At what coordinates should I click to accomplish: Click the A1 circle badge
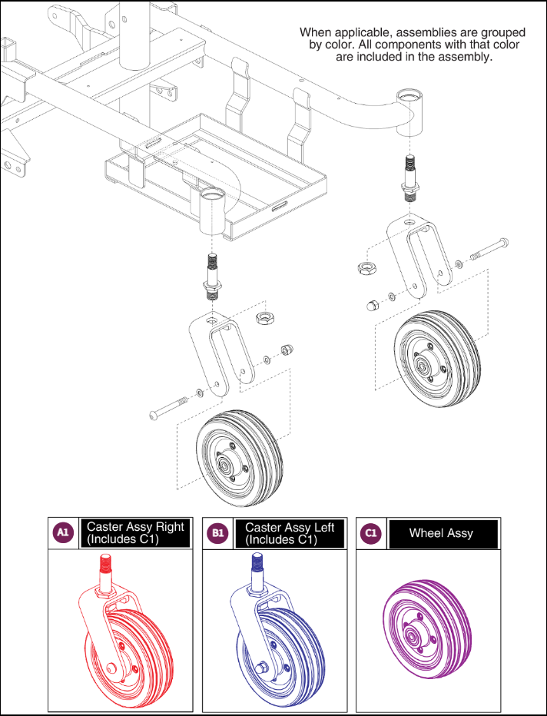[x=63, y=533]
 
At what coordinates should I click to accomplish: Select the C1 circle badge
[x=371, y=533]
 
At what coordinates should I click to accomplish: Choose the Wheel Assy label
[x=441, y=533]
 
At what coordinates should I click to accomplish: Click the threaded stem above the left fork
[x=210, y=276]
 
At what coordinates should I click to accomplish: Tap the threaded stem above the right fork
[x=409, y=177]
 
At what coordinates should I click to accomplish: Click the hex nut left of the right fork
[x=366, y=267]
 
